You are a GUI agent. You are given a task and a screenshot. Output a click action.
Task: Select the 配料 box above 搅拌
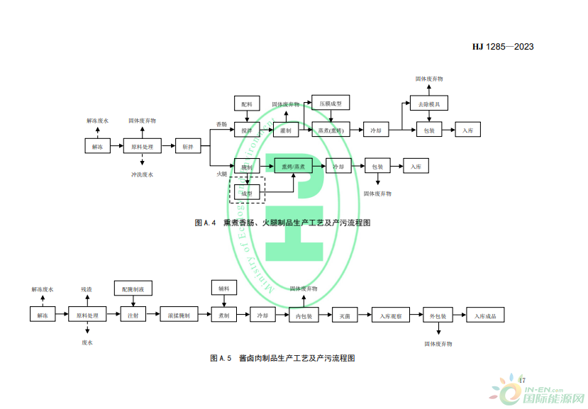coord(247,104)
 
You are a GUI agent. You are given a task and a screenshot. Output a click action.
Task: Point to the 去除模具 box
coord(428,104)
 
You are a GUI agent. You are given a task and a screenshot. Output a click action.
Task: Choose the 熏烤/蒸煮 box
coord(292,167)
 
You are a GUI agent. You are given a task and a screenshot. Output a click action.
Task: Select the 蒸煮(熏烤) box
coord(331,130)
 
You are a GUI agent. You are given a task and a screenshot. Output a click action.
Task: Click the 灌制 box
coord(286,130)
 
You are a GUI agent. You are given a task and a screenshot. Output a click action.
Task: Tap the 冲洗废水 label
coord(142,174)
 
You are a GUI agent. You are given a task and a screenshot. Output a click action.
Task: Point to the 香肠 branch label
coord(222,124)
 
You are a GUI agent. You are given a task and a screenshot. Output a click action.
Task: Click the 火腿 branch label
coord(222,174)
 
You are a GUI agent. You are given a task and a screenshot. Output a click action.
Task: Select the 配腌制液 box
coord(133,289)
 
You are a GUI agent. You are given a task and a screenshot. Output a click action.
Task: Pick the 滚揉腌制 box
coord(178,315)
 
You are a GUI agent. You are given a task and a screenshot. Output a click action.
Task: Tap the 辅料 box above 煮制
coord(223,289)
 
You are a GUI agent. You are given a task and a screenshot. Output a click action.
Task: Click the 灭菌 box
coord(345,315)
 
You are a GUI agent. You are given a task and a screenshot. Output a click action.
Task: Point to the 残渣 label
coord(87,289)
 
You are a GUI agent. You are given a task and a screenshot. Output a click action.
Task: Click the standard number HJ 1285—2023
coord(502,47)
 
